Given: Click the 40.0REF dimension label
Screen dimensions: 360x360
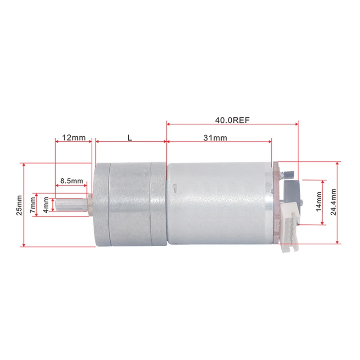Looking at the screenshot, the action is click(x=232, y=120).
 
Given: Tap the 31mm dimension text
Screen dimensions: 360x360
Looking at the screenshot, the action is click(x=215, y=138).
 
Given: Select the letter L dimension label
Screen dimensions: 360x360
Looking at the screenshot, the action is click(x=130, y=138).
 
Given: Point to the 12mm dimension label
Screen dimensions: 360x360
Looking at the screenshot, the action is click(x=74, y=138).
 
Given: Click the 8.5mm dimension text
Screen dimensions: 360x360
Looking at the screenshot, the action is click(x=72, y=181).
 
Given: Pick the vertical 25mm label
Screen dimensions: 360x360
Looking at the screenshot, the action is click(x=19, y=205).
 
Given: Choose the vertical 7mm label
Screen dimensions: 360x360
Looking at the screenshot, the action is click(x=33, y=205).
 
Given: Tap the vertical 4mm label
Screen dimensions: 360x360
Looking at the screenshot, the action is click(x=46, y=205).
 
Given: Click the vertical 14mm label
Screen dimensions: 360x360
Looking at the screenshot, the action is click(x=319, y=202).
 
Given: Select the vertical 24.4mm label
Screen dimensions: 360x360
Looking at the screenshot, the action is click(x=333, y=202).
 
